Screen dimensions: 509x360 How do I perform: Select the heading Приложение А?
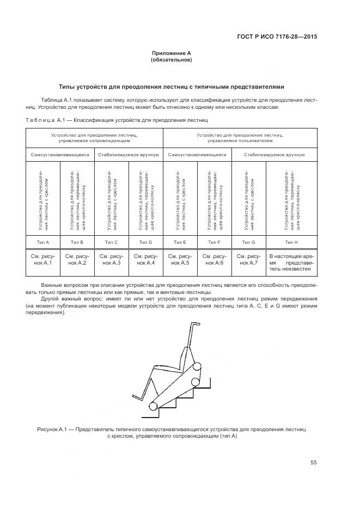point(171,53)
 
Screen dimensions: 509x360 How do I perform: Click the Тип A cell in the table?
point(43,242)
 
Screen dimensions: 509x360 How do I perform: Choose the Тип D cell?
point(146,242)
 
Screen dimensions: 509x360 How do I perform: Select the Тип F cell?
point(215,242)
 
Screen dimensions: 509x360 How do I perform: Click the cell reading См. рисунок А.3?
point(112,260)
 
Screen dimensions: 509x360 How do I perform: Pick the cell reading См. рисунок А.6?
point(215,260)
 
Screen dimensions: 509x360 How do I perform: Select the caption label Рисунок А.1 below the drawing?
point(53,430)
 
